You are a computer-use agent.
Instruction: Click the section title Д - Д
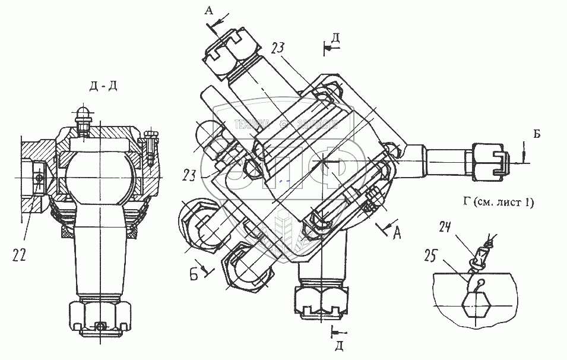click(103, 87)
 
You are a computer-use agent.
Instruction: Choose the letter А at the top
click(208, 10)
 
